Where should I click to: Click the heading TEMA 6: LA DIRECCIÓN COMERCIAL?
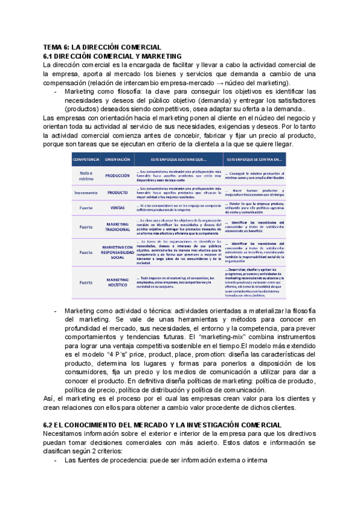(102, 47)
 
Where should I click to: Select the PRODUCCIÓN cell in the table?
(118, 176)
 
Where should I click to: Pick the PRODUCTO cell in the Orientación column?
(118, 193)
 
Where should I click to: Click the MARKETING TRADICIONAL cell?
(118, 226)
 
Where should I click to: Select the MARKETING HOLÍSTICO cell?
(118, 282)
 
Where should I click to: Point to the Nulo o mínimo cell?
(86, 176)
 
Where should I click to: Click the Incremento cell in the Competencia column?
(86, 193)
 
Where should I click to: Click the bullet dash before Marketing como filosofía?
(56, 92)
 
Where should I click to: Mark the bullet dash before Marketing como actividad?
(56, 310)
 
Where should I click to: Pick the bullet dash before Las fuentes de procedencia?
(56, 460)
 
